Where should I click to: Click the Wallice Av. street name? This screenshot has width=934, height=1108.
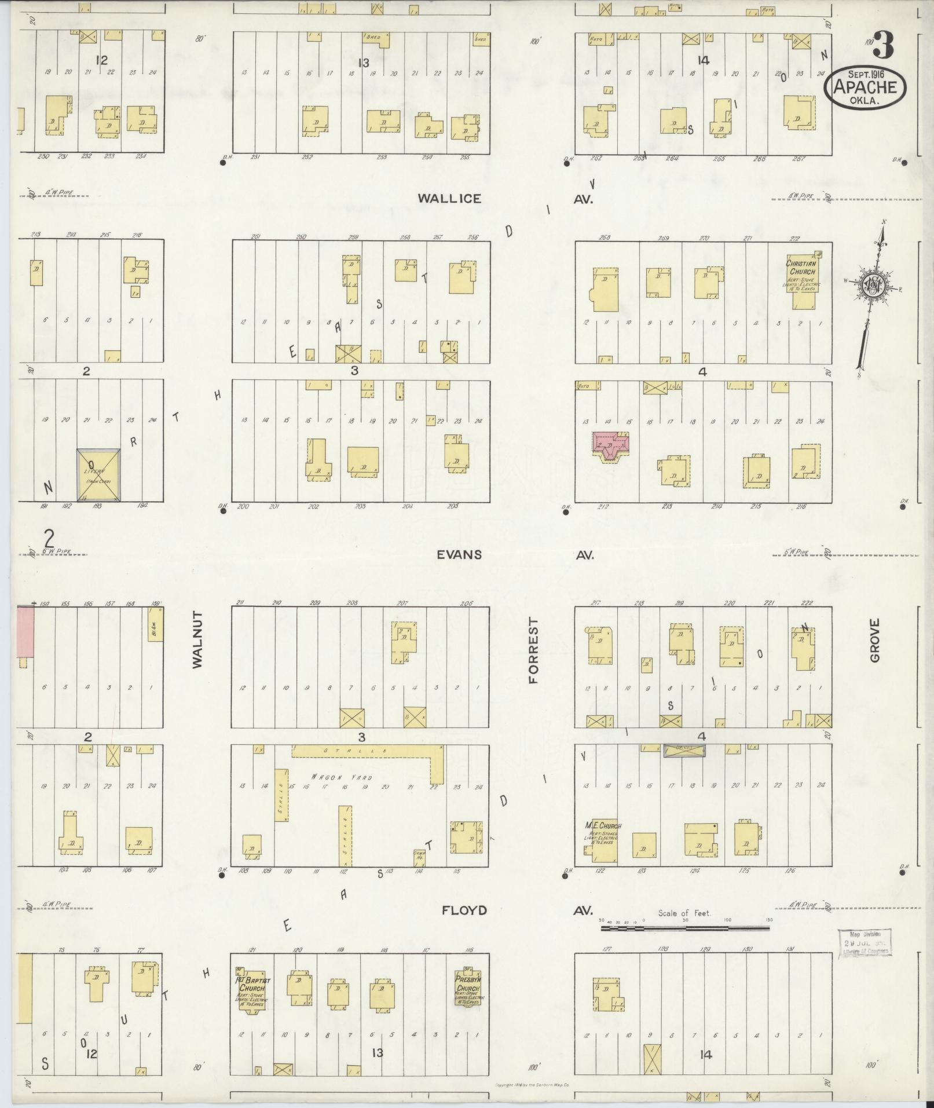(449, 199)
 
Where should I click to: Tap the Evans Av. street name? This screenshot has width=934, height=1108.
(459, 554)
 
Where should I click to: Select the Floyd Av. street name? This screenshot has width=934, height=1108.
(464, 910)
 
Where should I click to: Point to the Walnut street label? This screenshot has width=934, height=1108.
(197, 640)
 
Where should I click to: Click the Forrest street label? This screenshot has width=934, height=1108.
(533, 650)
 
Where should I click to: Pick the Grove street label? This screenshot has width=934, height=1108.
(874, 640)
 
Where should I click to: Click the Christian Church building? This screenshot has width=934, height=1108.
(801, 274)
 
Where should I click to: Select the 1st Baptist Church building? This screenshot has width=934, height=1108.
(250, 988)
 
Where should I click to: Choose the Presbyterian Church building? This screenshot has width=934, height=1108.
(468, 987)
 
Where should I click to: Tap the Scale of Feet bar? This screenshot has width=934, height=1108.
(686, 927)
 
